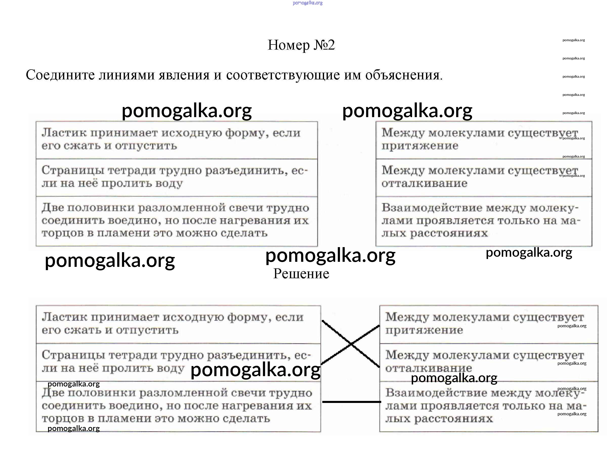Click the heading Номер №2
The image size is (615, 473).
(x=301, y=45)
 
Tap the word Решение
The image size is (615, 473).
(x=301, y=274)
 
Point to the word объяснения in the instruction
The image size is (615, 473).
(x=404, y=75)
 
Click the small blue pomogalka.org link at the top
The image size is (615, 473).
(x=308, y=3)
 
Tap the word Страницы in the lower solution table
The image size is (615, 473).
(x=73, y=355)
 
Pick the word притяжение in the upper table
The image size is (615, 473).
(x=420, y=146)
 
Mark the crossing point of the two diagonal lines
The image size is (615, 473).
(x=351, y=344)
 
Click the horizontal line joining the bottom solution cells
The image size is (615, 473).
(x=351, y=402)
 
